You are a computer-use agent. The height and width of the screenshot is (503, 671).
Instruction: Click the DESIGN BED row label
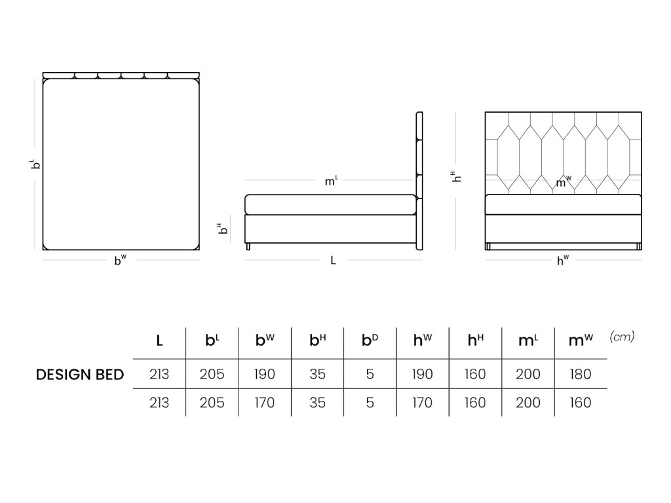(80, 375)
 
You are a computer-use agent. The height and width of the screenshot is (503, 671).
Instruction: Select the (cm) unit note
(622, 337)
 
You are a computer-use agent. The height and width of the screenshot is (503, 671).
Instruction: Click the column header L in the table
(159, 341)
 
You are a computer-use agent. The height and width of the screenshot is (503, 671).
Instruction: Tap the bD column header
(370, 341)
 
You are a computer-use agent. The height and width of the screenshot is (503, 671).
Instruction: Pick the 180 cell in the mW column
(581, 375)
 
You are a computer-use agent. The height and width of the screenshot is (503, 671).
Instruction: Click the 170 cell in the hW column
(423, 403)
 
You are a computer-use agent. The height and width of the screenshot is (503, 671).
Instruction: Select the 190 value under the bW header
(265, 375)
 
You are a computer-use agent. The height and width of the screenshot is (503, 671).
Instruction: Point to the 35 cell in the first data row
(318, 375)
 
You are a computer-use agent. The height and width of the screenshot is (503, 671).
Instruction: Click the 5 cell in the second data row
(370, 403)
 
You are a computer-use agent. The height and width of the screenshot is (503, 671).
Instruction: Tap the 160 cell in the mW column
(581, 403)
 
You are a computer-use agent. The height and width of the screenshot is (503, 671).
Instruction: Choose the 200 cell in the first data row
(528, 375)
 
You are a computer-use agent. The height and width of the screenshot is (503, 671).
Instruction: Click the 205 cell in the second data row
(212, 403)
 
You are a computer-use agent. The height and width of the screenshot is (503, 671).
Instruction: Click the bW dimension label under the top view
(121, 260)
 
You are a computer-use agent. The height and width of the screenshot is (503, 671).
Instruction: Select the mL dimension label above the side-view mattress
(332, 181)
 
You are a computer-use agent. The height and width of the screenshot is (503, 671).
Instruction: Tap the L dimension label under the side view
(333, 260)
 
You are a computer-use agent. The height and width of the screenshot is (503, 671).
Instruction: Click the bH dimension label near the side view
(223, 229)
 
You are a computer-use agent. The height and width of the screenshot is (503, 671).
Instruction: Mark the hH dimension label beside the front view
(457, 176)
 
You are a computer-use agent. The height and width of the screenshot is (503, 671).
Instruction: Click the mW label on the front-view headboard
(563, 183)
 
